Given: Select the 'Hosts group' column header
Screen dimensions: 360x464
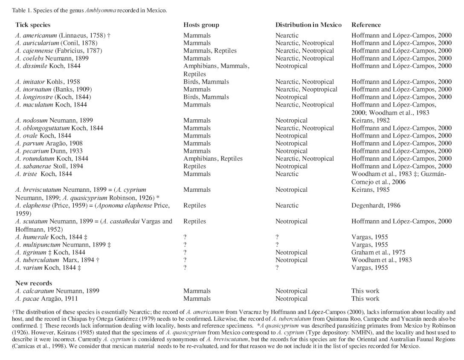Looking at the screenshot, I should (x=201, y=25).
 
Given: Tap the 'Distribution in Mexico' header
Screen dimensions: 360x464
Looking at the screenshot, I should (x=308, y=25).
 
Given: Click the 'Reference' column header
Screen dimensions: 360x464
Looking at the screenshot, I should (x=366, y=25).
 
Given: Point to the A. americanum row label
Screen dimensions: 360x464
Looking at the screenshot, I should (x=62, y=35).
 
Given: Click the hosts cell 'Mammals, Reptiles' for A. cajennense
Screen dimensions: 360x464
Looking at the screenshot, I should (x=210, y=51).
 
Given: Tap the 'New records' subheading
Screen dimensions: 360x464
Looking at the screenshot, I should (x=34, y=283).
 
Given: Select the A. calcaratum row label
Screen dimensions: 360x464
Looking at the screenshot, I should (x=57, y=291).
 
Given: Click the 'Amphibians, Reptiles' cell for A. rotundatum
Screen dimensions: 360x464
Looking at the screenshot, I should (x=213, y=158).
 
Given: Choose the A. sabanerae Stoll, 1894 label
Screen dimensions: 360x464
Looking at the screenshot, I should (x=49, y=166).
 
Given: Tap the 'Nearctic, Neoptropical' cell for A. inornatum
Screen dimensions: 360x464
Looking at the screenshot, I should (x=306, y=89).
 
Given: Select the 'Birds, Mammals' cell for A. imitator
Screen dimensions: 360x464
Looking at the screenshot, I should (x=206, y=82).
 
